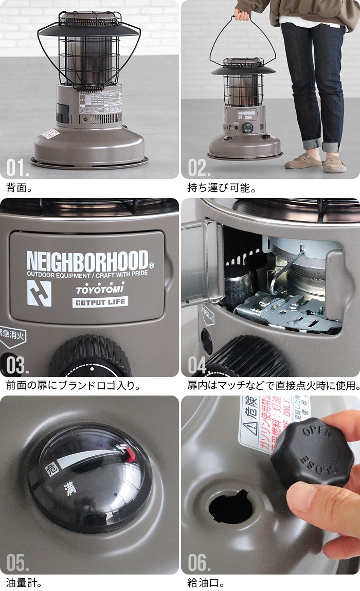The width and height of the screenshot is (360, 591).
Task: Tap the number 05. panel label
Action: (x=18, y=563)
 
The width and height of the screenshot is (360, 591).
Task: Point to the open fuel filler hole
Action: (x=230, y=506)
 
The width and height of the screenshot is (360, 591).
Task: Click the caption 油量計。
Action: (x=24, y=583)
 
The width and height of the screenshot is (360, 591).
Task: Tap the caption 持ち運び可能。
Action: (x=221, y=188)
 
